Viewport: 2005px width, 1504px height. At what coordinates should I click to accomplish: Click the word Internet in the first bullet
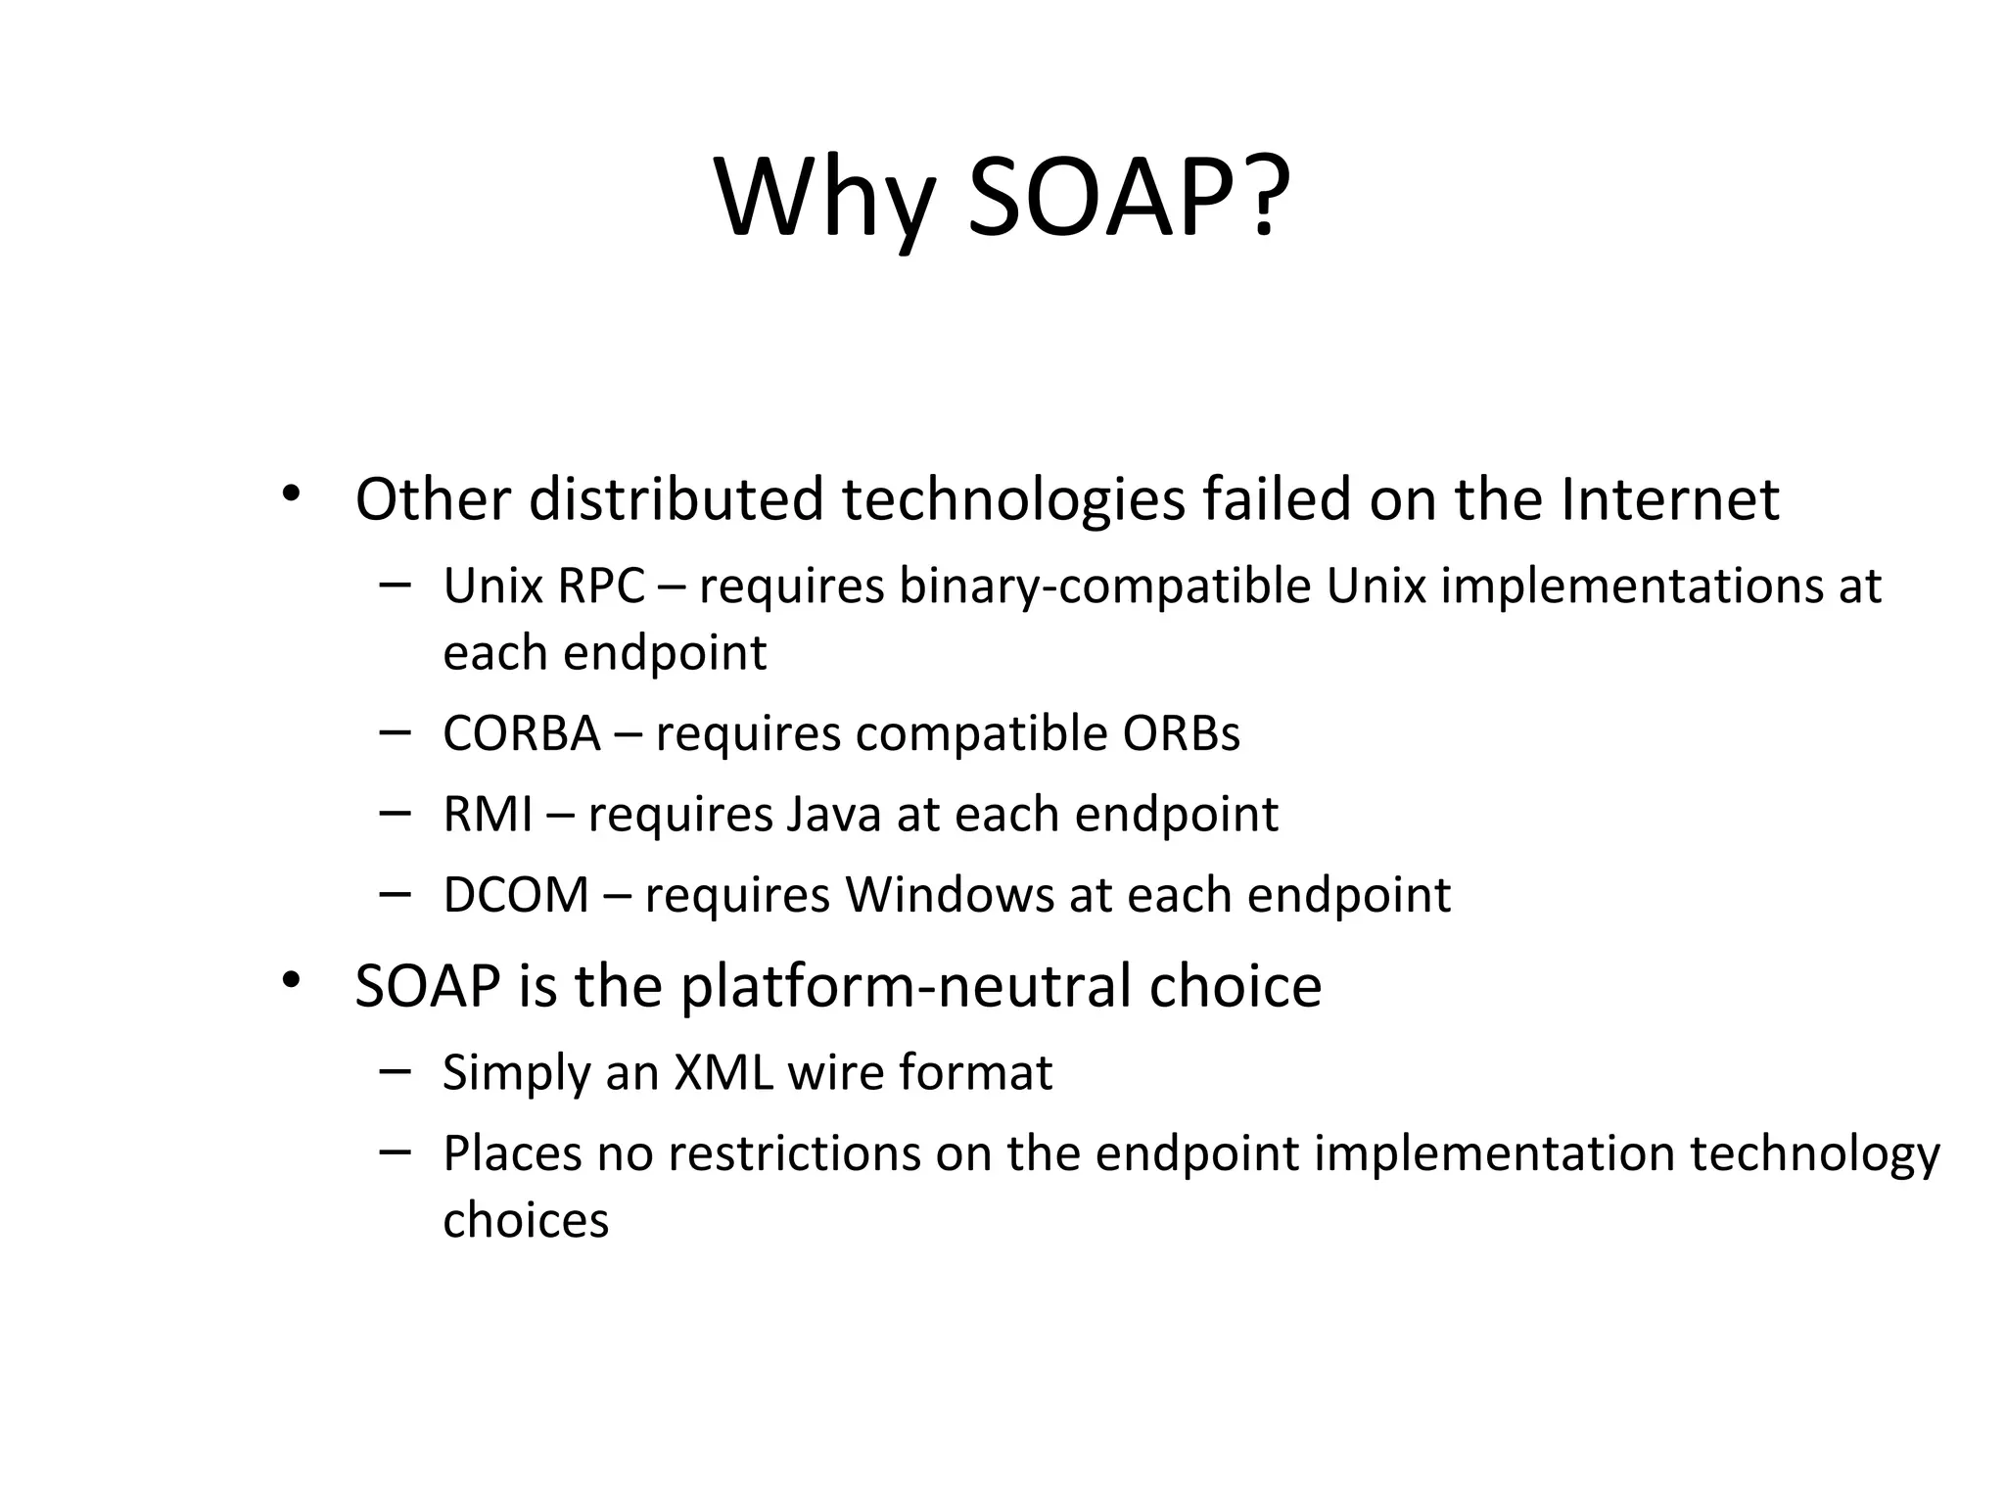pyautogui.click(x=1669, y=499)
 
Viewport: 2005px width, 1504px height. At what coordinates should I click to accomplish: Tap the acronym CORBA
pyautogui.click(x=521, y=733)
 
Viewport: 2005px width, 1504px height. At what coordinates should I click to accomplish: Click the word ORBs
pyautogui.click(x=1181, y=733)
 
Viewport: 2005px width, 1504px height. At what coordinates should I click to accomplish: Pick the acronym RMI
pyautogui.click(x=488, y=815)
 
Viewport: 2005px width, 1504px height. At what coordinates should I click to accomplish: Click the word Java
pyautogui.click(x=833, y=815)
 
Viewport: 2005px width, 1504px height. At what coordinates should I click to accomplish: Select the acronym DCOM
pyautogui.click(x=516, y=895)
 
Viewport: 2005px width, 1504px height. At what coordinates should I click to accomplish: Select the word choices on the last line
pyautogui.click(x=526, y=1221)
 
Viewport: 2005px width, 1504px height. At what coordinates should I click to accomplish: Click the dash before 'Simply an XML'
pyautogui.click(x=394, y=1070)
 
